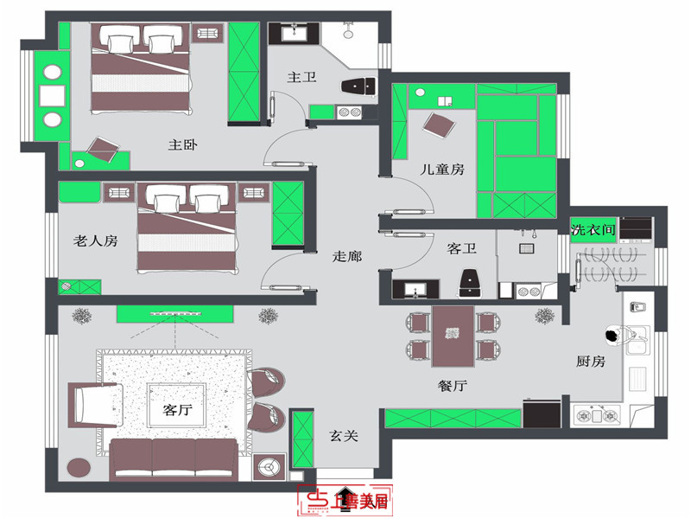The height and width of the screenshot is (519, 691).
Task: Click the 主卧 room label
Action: coord(183,144)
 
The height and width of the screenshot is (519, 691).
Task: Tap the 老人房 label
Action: coord(95,241)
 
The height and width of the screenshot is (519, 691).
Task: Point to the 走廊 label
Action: coord(347,256)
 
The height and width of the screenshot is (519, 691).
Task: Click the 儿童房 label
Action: coord(443,170)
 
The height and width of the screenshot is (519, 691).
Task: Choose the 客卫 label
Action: coord(462,249)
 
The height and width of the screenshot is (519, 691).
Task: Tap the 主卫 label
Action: coord(301,77)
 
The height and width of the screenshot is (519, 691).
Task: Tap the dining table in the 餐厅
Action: coord(453,336)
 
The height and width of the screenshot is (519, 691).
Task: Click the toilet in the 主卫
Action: coord(358,85)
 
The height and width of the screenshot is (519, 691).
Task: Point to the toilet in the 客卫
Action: coord(471,280)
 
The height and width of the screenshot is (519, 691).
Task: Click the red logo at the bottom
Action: coord(344,500)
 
